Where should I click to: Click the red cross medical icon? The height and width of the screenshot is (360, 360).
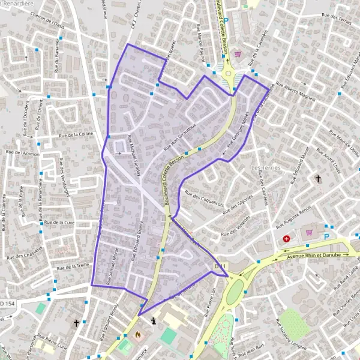pyautogui.click(x=287, y=238)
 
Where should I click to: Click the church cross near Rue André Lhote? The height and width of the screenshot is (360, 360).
pyautogui.click(x=319, y=179)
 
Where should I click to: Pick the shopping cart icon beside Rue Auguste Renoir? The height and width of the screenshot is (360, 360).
pyautogui.click(x=309, y=232)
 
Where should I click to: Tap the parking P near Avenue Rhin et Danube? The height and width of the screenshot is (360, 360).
pyautogui.click(x=327, y=236)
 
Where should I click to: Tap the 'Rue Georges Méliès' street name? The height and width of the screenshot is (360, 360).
pyautogui.click(x=238, y=136)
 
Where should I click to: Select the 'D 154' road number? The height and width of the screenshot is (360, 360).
pyautogui.click(x=7, y=304)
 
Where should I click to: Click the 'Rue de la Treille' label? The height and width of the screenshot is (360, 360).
pyautogui.click(x=73, y=266)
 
